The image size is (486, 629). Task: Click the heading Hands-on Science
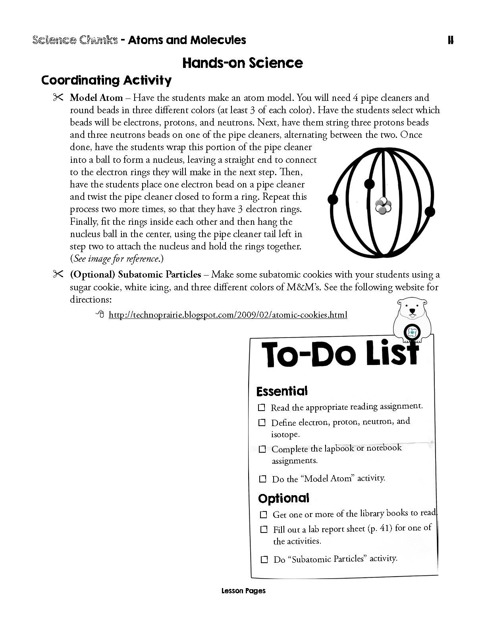(x=243, y=63)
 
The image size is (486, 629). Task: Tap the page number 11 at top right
(x=450, y=40)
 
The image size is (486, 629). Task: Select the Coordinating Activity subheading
(x=106, y=80)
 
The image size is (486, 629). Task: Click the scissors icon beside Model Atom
(x=58, y=97)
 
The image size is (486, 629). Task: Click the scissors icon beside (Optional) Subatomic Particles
(x=58, y=274)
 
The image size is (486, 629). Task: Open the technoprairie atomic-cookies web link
(x=228, y=315)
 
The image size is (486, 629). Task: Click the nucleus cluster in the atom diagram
(x=383, y=205)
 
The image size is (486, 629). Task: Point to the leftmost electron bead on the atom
(x=333, y=199)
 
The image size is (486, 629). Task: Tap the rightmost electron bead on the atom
(x=430, y=211)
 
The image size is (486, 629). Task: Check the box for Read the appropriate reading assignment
(x=262, y=407)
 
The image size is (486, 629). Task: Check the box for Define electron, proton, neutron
(x=262, y=423)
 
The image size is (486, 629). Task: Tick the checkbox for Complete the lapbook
(x=262, y=449)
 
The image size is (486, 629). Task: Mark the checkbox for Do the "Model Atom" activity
(x=262, y=479)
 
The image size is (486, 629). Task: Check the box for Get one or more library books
(x=263, y=515)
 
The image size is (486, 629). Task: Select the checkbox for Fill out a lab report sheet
(x=264, y=529)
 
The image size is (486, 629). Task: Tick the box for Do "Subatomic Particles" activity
(x=264, y=560)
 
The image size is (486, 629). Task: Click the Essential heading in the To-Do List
(x=282, y=391)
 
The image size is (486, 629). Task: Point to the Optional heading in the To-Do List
(x=283, y=498)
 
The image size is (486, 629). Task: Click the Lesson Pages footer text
(x=243, y=591)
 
